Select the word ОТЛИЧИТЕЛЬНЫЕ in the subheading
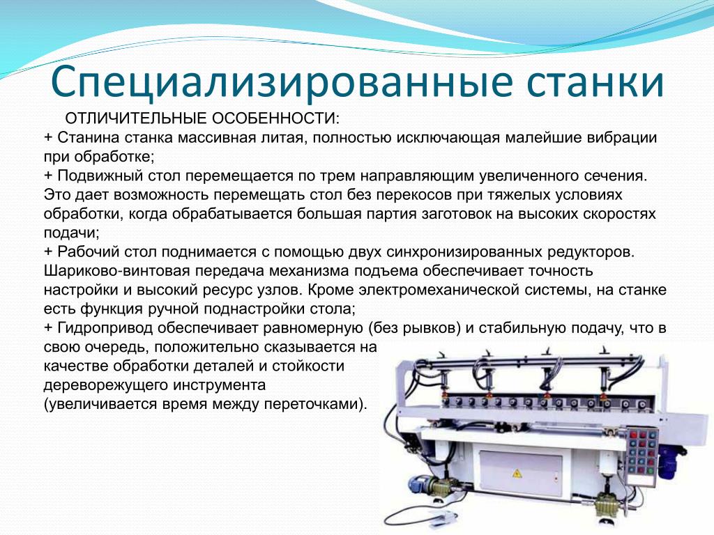(x=136, y=118)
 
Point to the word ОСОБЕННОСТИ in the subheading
(x=275, y=118)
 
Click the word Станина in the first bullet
(x=89, y=137)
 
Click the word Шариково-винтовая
(x=116, y=271)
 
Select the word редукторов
(x=591, y=252)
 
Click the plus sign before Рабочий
(x=48, y=252)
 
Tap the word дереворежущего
(x=105, y=386)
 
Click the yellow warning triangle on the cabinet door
(x=517, y=474)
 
